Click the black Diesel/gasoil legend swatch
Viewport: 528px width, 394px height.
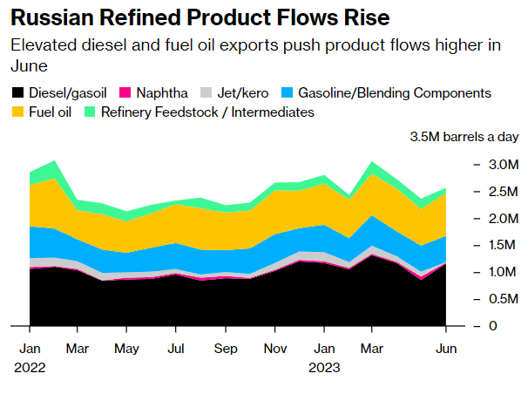18,92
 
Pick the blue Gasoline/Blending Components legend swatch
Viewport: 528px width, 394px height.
288,92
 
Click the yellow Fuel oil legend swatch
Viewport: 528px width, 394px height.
18,112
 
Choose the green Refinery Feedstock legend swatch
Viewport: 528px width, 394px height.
90,112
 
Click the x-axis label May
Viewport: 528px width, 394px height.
127,349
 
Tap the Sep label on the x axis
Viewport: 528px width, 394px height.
226,349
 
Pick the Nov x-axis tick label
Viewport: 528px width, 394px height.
275,349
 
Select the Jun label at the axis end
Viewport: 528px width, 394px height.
446,349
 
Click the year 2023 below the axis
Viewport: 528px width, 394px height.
324,367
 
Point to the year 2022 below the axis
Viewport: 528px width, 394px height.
30,367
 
